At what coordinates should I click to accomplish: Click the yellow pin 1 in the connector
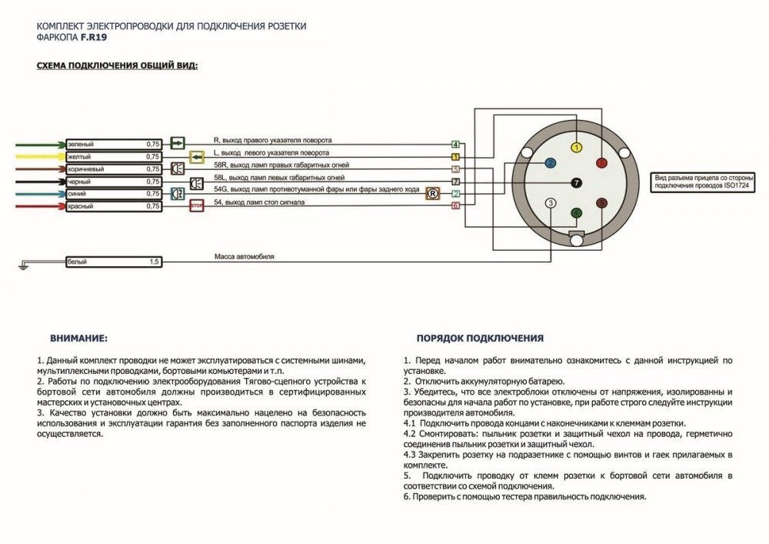[578, 146]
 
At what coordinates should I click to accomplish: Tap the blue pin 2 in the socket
[550, 163]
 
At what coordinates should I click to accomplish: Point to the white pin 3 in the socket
[550, 203]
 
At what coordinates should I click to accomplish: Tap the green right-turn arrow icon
[177, 142]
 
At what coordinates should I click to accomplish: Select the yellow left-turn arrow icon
[195, 156]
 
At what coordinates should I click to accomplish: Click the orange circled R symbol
[432, 193]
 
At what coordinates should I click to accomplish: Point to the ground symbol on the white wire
[22, 266]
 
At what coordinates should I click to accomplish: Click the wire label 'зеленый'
[82, 144]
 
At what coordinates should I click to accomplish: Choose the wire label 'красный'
[82, 206]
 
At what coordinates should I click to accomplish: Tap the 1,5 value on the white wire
[154, 262]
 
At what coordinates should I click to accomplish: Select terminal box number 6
[455, 205]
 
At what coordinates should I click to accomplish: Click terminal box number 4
[455, 145]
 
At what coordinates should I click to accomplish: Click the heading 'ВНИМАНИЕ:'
[79, 338]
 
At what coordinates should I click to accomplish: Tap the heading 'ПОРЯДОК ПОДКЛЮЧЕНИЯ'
[480, 338]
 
